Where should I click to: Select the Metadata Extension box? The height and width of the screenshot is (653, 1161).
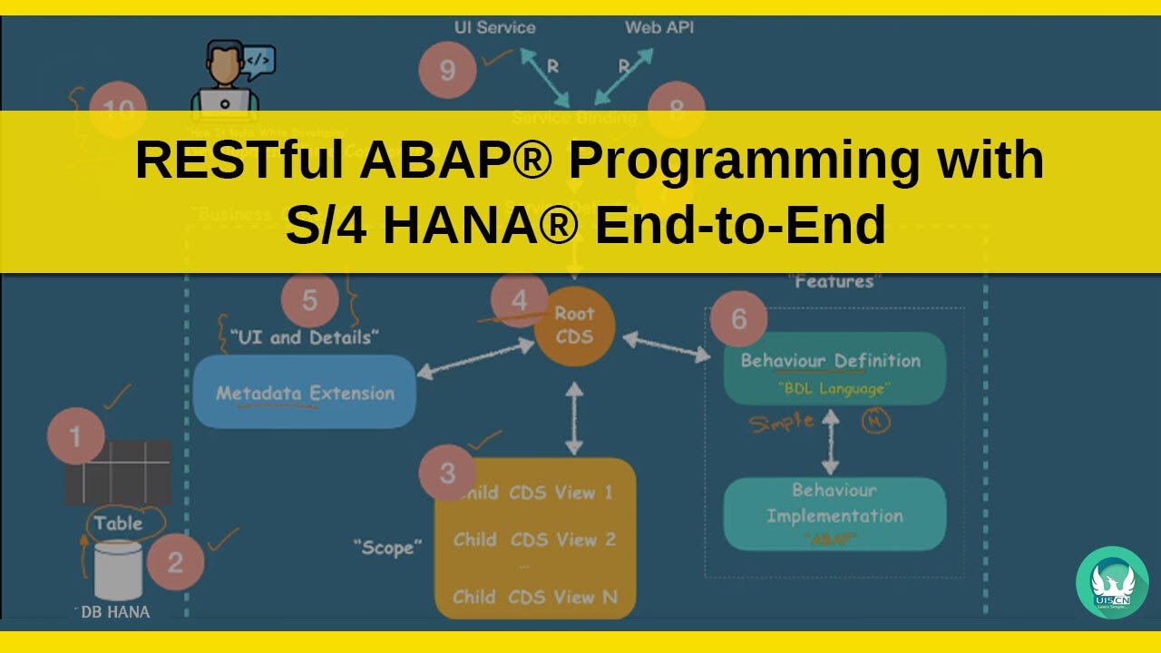305,392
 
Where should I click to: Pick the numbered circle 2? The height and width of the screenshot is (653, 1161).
175,561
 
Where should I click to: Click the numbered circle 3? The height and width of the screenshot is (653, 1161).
447,473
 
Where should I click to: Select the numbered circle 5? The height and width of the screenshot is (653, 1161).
309,300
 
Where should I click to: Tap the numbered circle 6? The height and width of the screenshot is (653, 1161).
739,318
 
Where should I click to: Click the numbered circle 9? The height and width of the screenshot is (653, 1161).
447,71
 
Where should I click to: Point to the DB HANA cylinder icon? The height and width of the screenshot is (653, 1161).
118,570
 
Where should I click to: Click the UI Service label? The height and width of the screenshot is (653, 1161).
494,27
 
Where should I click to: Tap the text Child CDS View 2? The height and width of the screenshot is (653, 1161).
535,540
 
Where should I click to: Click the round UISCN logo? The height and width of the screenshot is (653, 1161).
1111,582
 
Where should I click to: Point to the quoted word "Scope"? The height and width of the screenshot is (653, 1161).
388,547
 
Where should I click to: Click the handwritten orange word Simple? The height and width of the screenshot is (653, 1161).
781,423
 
